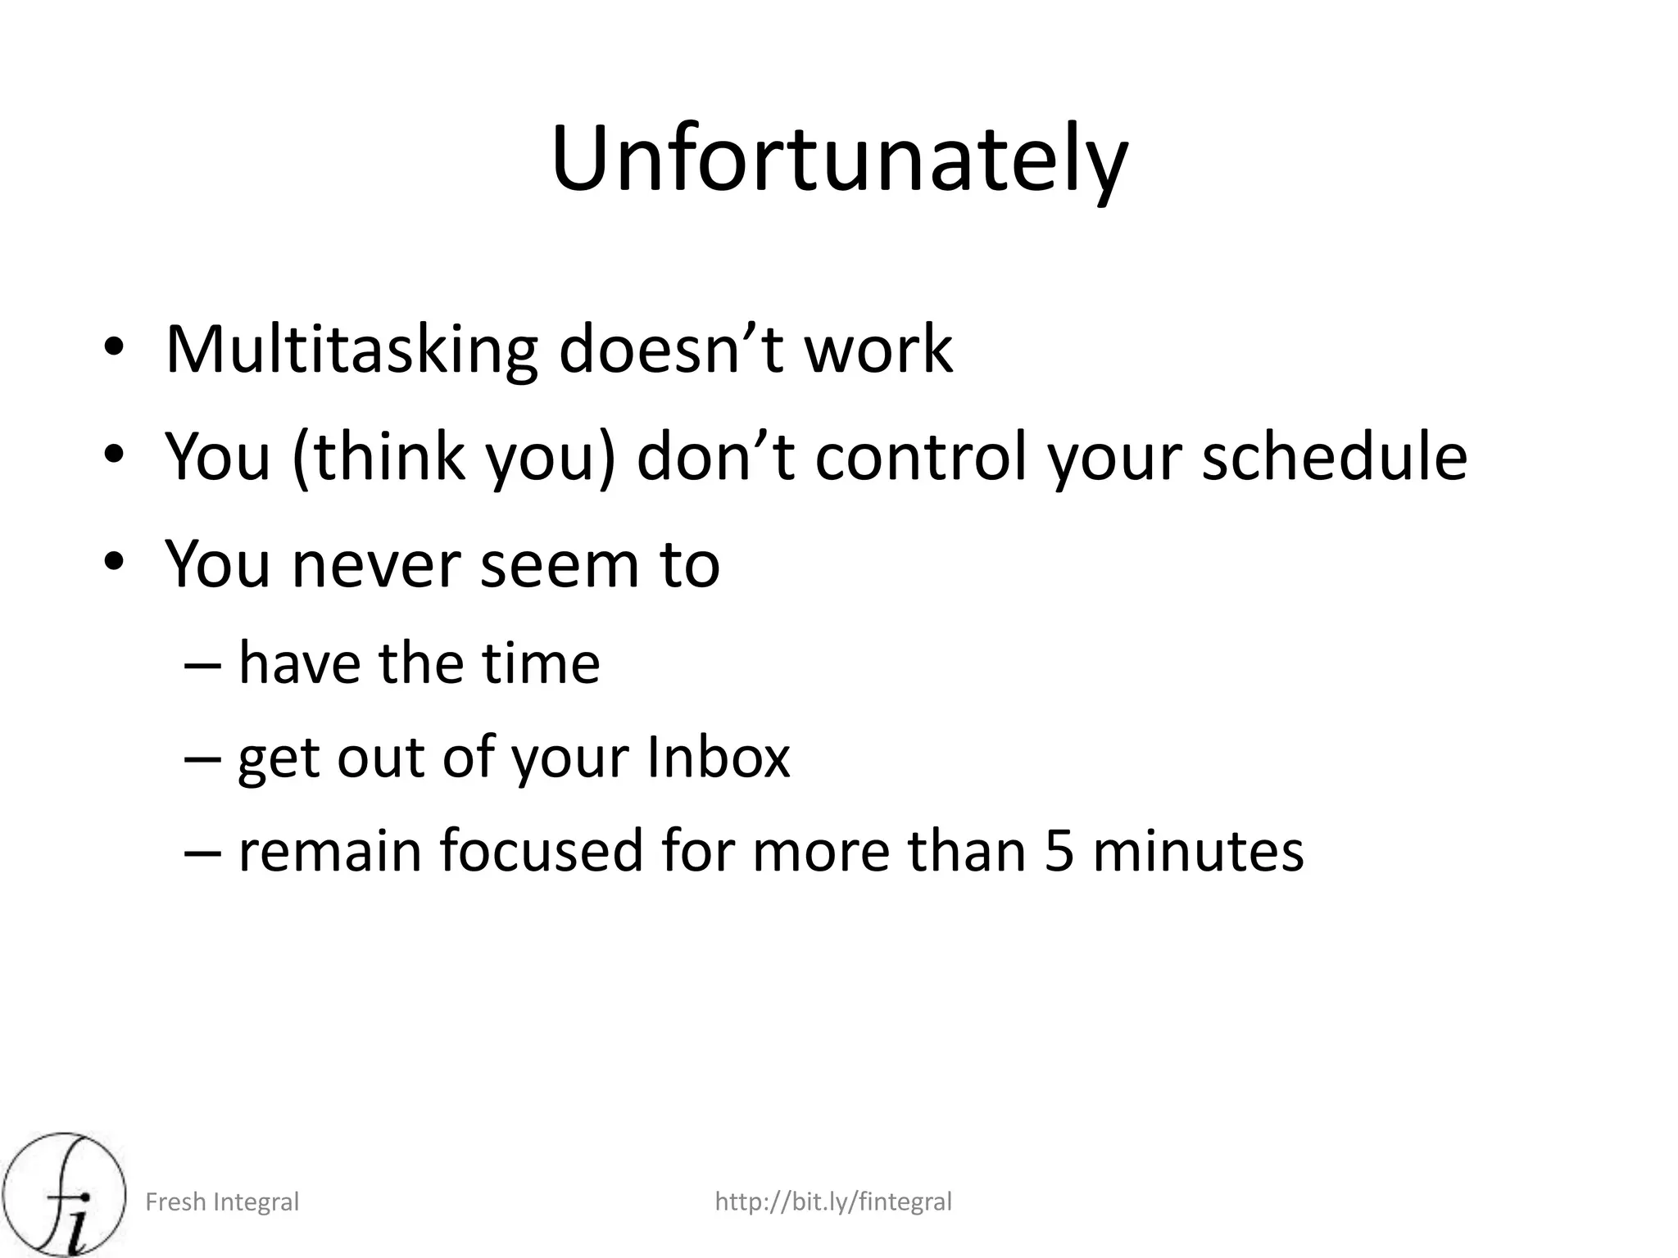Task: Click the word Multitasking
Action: tap(351, 351)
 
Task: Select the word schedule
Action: tap(1334, 457)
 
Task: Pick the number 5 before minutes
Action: tap(1059, 850)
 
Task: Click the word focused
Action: tap(542, 850)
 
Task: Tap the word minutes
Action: tap(1198, 850)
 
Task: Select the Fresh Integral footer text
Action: tap(222, 1202)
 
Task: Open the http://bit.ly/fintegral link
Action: tap(833, 1202)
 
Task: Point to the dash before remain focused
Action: tap(202, 850)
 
